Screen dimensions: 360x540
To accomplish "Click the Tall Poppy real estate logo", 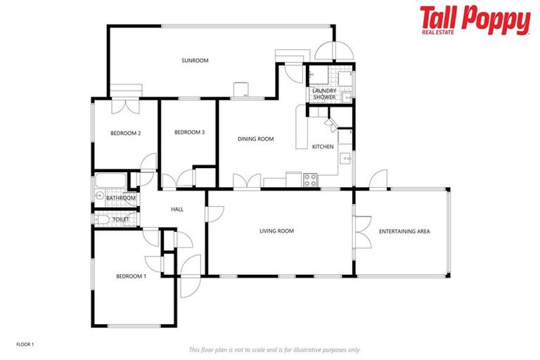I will coord(475,20).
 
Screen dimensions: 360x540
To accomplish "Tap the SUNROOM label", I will coord(195,60).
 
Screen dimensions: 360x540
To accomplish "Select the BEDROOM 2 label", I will coord(126,134).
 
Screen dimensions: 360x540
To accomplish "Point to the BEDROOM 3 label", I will coord(189,132).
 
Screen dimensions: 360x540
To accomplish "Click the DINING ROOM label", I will coord(255,139).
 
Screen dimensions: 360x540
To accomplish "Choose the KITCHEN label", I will coord(323,146).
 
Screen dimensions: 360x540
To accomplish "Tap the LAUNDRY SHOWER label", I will coord(324,94).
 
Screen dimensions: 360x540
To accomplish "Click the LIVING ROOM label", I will coord(276,231).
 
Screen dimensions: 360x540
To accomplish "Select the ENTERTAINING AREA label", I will coord(404,231).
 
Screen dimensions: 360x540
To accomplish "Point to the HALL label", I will coord(177,209).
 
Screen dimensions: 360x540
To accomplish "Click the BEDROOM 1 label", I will coord(131,276).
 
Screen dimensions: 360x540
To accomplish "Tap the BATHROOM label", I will coord(120,198).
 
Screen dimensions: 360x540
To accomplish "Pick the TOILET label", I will coord(121,219).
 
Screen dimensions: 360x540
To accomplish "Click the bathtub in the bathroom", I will coord(110,182).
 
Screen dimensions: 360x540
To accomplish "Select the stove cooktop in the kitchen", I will coord(311,180).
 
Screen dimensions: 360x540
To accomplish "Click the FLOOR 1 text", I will coord(25,344).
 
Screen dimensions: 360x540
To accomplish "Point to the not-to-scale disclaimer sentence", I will coord(274,349).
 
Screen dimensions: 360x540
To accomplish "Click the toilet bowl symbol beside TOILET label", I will coord(101,219).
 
